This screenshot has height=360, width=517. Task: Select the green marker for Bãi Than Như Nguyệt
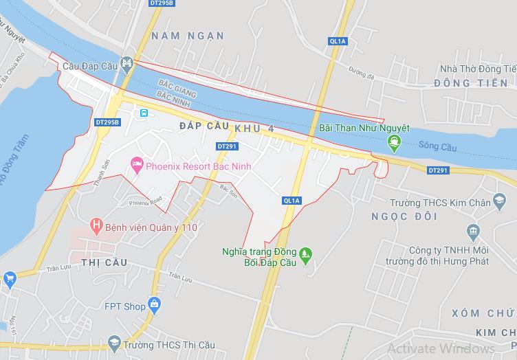394,142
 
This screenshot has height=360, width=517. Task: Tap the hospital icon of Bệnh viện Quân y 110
96,225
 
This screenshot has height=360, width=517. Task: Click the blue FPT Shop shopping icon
154,303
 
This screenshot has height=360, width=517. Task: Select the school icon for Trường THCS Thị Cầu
113,343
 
